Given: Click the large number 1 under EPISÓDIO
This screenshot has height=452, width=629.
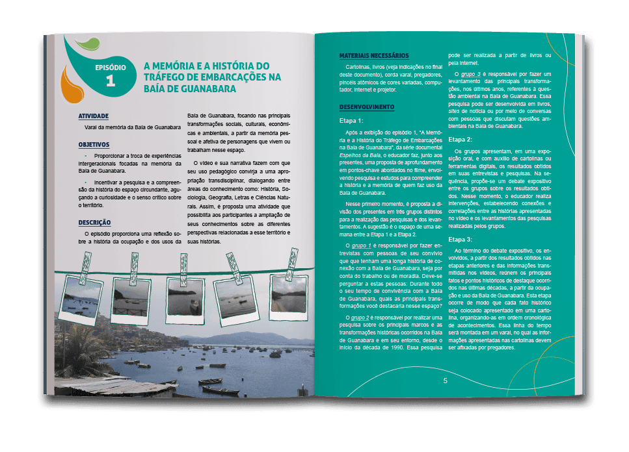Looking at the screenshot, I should (x=110, y=80).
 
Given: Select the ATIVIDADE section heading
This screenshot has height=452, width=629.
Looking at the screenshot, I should (x=93, y=116).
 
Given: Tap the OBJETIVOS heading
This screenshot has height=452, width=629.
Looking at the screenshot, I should (x=94, y=144).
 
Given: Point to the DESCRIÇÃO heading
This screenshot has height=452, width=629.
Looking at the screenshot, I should (x=94, y=222).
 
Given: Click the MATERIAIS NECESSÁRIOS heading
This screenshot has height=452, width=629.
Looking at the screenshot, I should (x=374, y=56).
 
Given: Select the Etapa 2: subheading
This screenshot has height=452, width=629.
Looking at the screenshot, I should (x=461, y=139).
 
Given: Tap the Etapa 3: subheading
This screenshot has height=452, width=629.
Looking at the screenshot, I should (x=461, y=240).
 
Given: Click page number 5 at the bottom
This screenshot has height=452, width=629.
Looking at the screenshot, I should (x=445, y=381).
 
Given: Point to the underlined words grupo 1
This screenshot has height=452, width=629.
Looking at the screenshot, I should (x=361, y=247).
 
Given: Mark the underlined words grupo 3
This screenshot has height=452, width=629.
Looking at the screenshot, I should (x=470, y=73).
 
